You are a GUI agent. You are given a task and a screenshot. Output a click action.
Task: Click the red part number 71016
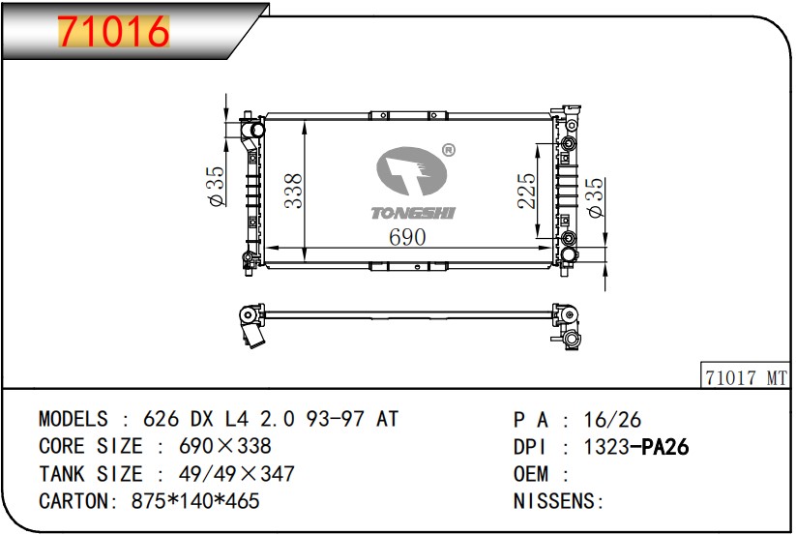[113, 32]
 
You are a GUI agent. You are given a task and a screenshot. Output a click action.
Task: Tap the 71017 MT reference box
[745, 377]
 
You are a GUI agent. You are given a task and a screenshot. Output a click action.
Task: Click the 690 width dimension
[407, 237]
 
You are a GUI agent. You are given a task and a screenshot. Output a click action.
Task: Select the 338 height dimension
[293, 191]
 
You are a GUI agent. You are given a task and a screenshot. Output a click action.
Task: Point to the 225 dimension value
[526, 191]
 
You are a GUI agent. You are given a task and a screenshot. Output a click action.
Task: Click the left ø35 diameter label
[216, 187]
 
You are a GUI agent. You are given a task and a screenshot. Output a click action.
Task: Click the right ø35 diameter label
[595, 197]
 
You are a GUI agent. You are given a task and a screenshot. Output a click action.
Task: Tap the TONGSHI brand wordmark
[413, 213]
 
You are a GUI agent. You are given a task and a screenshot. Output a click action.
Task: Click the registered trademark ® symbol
[449, 150]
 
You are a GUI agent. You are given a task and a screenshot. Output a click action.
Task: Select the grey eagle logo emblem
[411, 171]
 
